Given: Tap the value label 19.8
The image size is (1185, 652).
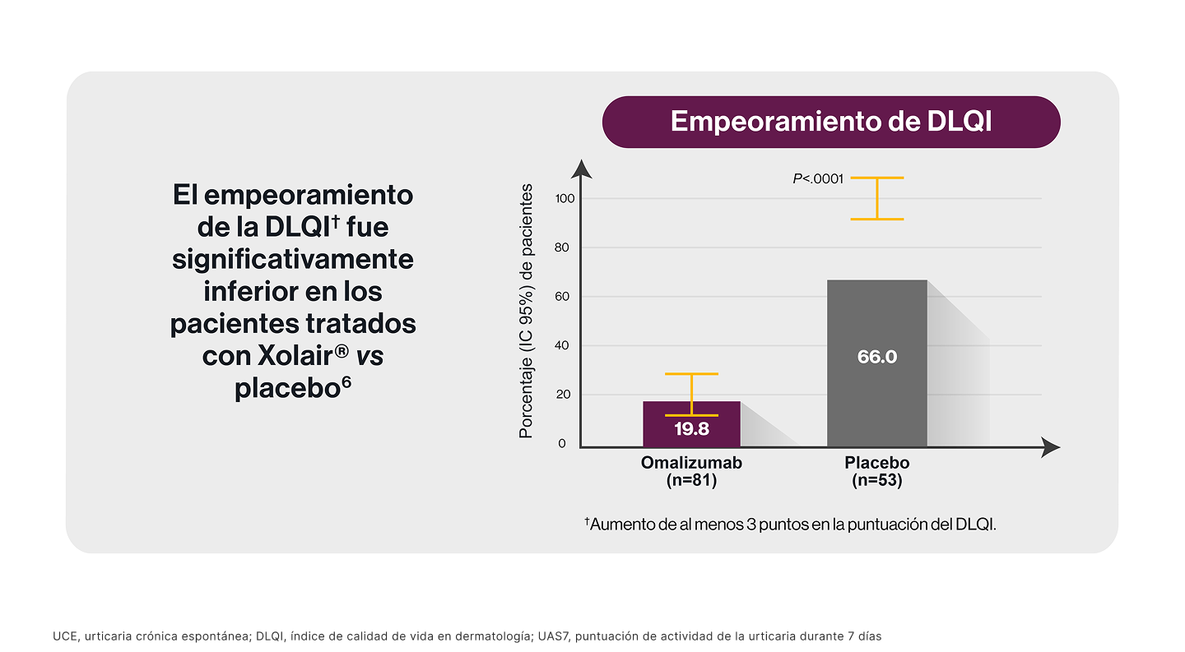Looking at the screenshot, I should point(691,428).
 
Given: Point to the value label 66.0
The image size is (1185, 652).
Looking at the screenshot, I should point(877,357).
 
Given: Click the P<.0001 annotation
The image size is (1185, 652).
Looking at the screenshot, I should point(818,178).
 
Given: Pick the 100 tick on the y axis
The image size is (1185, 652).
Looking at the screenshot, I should point(565,198).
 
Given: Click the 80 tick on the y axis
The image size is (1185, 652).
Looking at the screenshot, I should point(565,247).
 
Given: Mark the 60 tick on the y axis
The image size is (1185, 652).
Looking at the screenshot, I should point(565,297).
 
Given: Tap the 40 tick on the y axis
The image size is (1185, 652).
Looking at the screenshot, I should point(565,346).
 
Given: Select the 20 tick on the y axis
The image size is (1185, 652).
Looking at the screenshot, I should point(565,395).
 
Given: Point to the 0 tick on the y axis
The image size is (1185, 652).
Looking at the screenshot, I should point(563,444).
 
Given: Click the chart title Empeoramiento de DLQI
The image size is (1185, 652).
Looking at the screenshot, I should point(831,122).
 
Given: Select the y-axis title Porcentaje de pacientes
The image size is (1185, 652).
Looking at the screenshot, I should point(526,312).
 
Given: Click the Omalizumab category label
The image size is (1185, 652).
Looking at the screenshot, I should point(691,463).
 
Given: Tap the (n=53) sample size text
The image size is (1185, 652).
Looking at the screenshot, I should point(877,481).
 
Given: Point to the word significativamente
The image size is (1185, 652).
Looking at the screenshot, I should point(293,259).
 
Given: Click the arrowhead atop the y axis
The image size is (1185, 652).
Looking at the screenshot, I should point(582,169).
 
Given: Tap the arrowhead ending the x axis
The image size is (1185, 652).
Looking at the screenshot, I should point(1051,447).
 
